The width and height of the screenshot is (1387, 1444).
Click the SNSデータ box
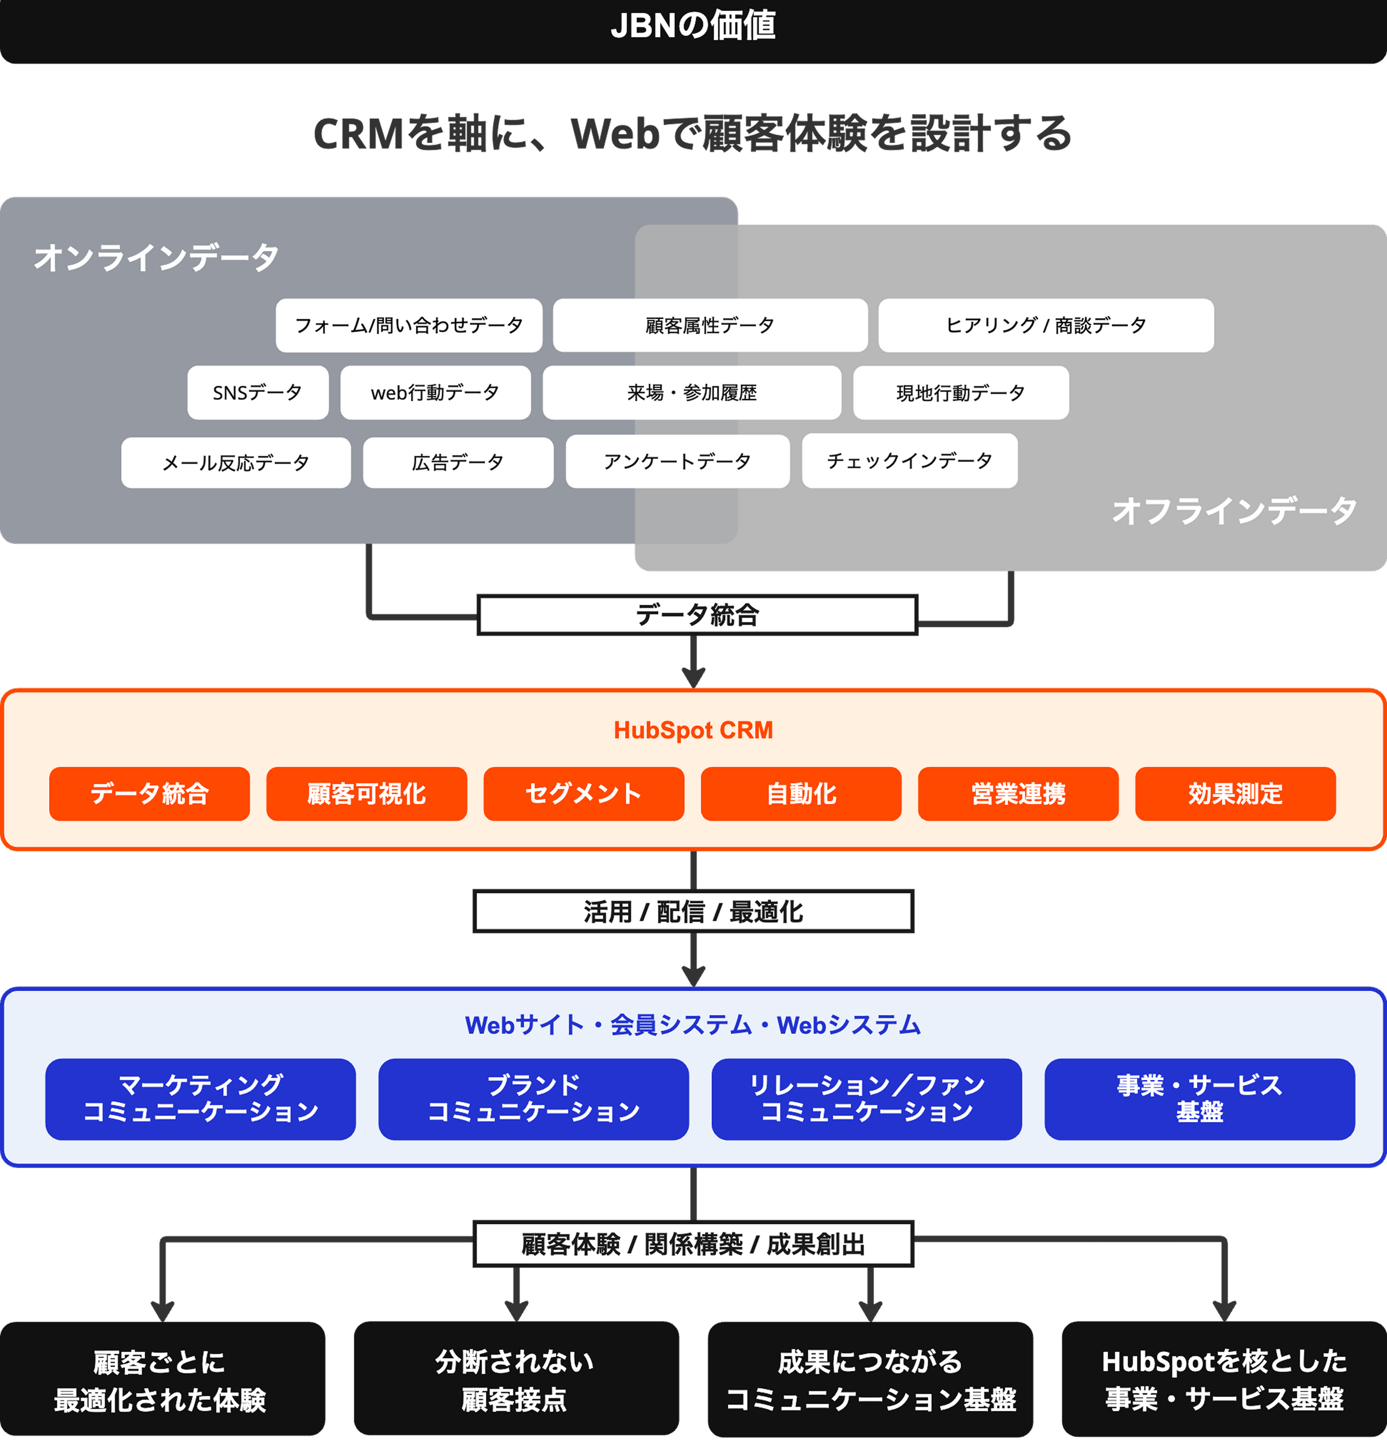257,393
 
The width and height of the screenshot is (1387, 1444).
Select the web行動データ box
435,393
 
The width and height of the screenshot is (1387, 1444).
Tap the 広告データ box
458,463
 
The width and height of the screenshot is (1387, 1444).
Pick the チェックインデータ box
910,461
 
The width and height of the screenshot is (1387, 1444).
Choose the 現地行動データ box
961,393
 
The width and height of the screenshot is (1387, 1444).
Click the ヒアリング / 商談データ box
1045,325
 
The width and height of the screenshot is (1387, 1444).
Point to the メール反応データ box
236,463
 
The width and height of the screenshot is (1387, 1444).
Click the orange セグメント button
584,794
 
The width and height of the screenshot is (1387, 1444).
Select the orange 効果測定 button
1234,794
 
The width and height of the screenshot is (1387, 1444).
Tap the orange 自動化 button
801,794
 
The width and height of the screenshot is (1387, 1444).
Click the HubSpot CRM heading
693,730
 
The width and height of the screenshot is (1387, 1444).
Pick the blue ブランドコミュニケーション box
534,1099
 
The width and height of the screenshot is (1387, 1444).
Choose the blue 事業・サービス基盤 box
1199,1099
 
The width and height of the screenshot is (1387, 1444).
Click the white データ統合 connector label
697,615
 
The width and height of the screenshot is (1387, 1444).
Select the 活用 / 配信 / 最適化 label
693,912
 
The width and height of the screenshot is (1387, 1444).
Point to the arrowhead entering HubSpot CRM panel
693,677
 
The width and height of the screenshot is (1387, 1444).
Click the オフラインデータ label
1234,511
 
